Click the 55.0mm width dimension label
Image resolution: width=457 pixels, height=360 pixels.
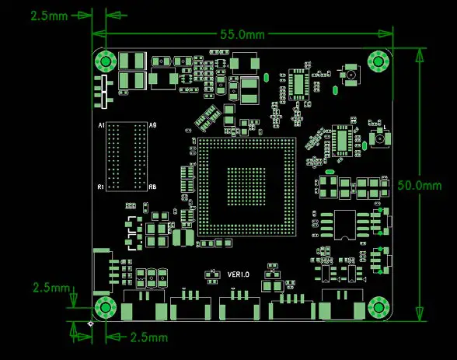(x=242, y=34)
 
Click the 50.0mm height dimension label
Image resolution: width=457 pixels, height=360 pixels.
(x=419, y=185)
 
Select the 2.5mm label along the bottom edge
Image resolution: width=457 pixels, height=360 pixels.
(x=148, y=337)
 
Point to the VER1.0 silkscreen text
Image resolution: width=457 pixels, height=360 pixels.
(x=239, y=274)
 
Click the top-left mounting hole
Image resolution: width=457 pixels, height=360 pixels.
(x=105, y=61)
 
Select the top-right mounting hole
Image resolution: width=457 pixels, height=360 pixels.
(x=379, y=61)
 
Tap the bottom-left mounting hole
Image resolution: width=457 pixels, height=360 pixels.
(x=105, y=307)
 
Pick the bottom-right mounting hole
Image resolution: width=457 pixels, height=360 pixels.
(x=379, y=307)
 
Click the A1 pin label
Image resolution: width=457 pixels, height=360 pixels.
(x=100, y=125)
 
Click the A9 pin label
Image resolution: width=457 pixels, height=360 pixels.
(x=152, y=125)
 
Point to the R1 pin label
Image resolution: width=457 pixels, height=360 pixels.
(x=100, y=187)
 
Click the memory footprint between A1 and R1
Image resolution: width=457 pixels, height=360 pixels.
(x=126, y=156)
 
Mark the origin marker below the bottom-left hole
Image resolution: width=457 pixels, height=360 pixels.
(x=92, y=323)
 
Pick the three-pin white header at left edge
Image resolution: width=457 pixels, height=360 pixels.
(x=101, y=92)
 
